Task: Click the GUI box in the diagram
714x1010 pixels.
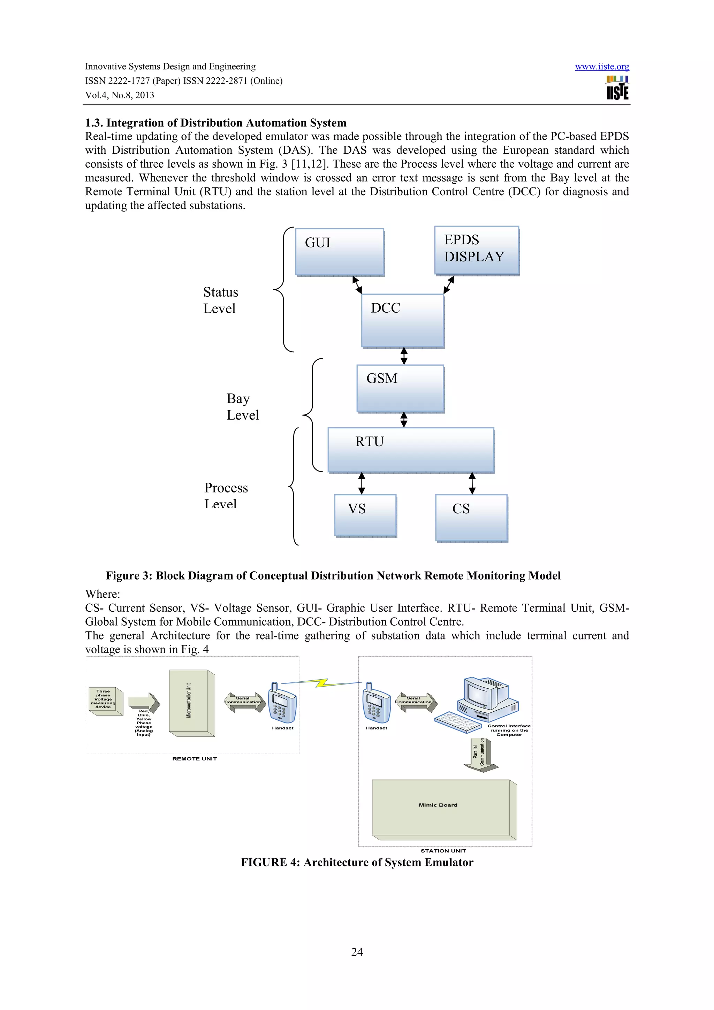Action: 340,252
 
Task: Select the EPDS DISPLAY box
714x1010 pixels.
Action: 477,251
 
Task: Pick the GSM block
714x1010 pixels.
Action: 400,389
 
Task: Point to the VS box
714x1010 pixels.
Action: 365,515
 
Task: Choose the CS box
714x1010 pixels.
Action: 471,518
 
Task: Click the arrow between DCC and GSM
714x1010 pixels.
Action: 404,356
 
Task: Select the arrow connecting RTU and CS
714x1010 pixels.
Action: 472,483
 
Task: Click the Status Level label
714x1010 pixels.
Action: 220,300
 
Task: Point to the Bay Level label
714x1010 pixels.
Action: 242,406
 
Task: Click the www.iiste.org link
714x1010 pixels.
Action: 601,67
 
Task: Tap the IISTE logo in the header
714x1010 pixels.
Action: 617,88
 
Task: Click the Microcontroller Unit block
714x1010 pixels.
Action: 192,703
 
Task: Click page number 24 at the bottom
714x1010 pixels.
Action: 357,952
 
